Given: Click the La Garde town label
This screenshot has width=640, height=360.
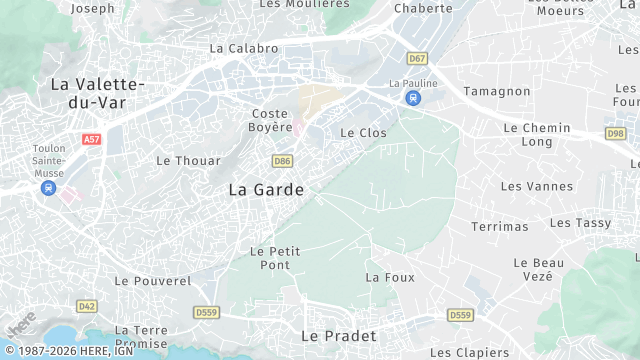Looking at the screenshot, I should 266,189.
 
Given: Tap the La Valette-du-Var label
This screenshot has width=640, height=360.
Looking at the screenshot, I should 98,93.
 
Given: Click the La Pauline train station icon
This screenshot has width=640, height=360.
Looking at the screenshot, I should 413,98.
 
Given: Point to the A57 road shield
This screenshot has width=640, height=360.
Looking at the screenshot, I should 92,140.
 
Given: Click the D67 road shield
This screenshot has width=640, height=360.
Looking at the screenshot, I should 417,58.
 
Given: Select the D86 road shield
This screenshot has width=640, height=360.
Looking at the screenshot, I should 282,160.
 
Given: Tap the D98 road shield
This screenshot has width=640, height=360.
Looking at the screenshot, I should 615,133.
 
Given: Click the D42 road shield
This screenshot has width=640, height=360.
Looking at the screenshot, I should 87,305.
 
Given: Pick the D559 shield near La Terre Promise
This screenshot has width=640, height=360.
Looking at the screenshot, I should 207,313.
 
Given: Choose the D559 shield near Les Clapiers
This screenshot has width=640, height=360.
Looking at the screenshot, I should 459,315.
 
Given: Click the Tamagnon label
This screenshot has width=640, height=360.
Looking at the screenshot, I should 496,91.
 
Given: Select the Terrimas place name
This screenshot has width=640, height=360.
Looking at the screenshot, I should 499,227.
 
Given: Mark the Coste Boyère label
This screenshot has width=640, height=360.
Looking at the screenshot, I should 270,121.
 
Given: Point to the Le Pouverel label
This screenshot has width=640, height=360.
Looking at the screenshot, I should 152,282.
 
